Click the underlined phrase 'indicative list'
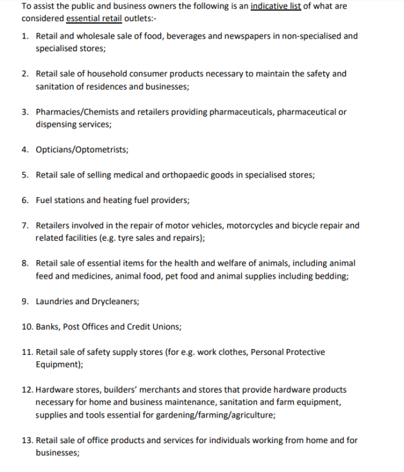click(x=275, y=6)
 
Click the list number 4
click(x=24, y=150)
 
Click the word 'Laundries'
click(x=54, y=301)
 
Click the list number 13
click(x=27, y=440)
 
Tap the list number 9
click(x=24, y=301)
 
